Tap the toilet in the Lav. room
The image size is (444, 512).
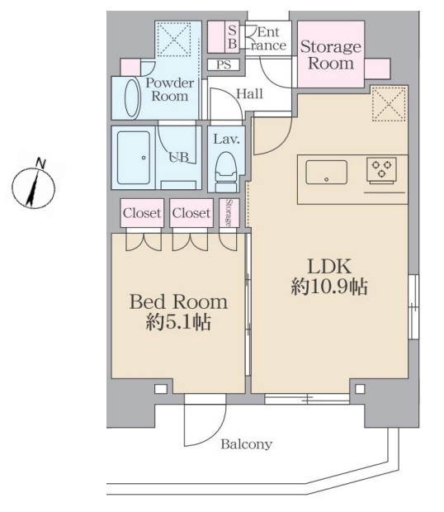tap(226, 172)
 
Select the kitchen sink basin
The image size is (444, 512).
tap(326, 172)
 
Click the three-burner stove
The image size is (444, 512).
tap(381, 168)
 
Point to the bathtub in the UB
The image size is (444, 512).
tap(134, 158)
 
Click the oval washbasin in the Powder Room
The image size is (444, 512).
tap(132, 97)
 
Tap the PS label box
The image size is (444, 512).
tap(224, 64)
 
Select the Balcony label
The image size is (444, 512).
tap(246, 444)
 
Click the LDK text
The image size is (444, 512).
tap(329, 266)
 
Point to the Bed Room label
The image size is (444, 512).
tap(178, 302)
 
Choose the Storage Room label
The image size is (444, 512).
tap(331, 55)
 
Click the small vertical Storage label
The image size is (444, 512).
tap(229, 212)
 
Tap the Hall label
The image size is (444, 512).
tap(249, 94)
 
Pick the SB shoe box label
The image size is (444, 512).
tap(232, 37)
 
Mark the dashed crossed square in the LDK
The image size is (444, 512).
tap(390, 104)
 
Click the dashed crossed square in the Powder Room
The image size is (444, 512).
tap(174, 40)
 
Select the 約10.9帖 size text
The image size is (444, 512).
tap(329, 287)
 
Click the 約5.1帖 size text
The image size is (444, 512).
tap(178, 321)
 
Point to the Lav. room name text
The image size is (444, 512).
tap(226, 140)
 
